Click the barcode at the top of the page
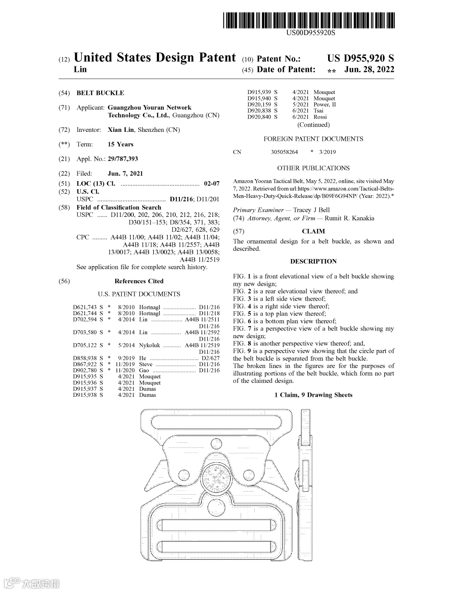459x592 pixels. pyautogui.click(x=309, y=20)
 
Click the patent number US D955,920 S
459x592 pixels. pyautogui.click(x=360, y=58)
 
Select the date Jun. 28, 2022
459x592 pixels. pyautogui.click(x=369, y=69)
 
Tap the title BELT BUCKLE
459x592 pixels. pyautogui.click(x=100, y=93)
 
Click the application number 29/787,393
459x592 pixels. pyautogui.click(x=123, y=159)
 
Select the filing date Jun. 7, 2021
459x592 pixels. pyautogui.click(x=125, y=173)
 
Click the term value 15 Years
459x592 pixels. pyautogui.click(x=120, y=144)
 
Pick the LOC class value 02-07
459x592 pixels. pyautogui.click(x=212, y=183)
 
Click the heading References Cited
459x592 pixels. pyautogui.click(x=139, y=281)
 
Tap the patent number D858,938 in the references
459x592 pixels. pyautogui.click(x=85, y=358)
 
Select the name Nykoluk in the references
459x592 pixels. pyautogui.click(x=150, y=345)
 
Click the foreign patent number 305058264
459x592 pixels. pyautogui.click(x=284, y=152)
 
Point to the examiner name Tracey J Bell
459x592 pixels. pyautogui.click(x=311, y=210)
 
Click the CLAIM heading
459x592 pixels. pyautogui.click(x=313, y=231)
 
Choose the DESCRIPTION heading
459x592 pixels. pyautogui.click(x=313, y=261)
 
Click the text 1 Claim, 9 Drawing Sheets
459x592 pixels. pyautogui.click(x=313, y=395)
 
